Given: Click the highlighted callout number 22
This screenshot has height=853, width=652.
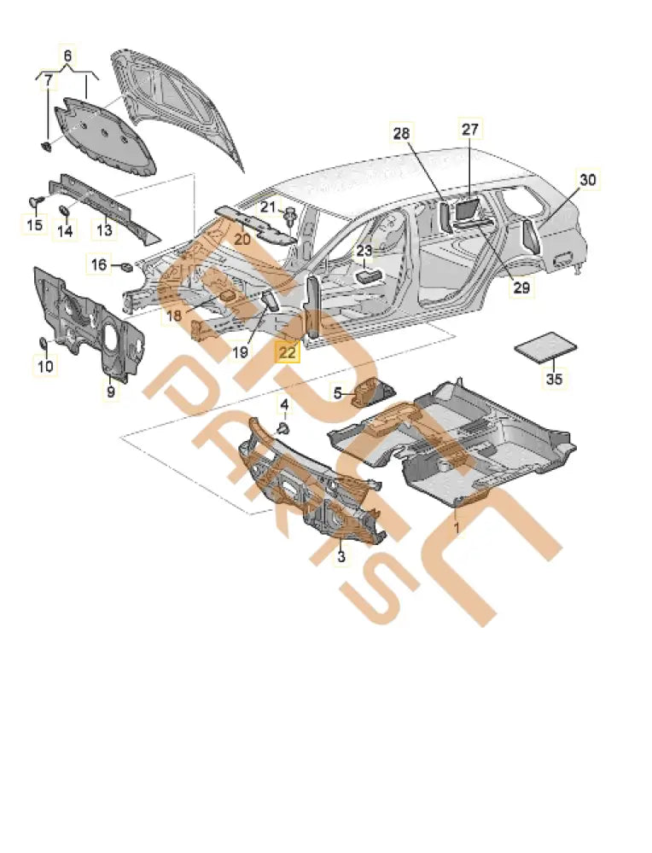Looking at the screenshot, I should [287, 351].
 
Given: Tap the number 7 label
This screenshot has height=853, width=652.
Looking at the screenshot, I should [49, 82].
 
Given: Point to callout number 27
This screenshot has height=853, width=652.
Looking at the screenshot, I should [471, 130].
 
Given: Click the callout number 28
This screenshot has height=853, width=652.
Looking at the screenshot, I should [402, 133].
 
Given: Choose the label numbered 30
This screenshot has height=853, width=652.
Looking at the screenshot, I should [588, 180].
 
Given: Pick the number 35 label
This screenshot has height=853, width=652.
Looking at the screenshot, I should [554, 380].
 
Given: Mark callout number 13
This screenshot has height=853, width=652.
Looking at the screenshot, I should [103, 229].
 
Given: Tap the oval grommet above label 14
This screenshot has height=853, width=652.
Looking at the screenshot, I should [64, 210].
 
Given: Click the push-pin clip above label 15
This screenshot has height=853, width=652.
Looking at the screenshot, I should [35, 200].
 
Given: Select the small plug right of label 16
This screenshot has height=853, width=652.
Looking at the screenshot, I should [125, 267].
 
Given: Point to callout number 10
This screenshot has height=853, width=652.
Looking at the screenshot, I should [45, 366].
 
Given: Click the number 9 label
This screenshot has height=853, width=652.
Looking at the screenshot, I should [110, 392].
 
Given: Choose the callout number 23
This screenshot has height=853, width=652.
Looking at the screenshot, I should [364, 251].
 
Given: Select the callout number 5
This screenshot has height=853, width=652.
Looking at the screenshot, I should [338, 393].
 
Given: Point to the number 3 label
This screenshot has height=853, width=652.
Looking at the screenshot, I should [341, 557].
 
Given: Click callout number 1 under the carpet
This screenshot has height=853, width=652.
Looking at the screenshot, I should [456, 529].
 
